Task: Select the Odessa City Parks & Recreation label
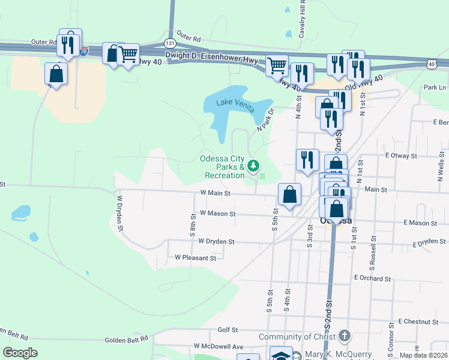point(223,167)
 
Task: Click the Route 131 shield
point(170,43)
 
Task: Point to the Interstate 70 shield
point(84,52)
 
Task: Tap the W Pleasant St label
point(195,258)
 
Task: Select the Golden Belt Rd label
point(127,340)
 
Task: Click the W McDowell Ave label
point(218,347)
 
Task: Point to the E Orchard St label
point(372,278)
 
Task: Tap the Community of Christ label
point(297,337)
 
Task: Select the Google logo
point(20,353)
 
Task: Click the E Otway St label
point(401,155)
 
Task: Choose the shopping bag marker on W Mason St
point(289,195)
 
